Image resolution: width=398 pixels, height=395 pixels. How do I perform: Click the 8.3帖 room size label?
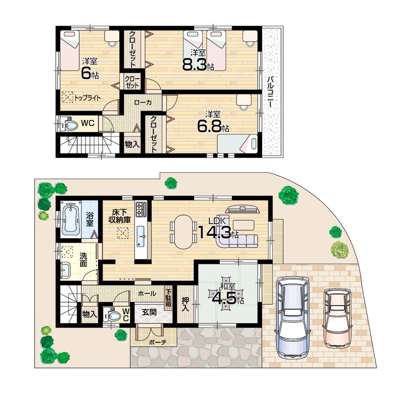point(198,65)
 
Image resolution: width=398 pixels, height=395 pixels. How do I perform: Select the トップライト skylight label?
point(87,97)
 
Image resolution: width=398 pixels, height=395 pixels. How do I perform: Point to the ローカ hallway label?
point(142,102)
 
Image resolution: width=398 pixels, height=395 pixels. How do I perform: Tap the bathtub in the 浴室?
point(72,220)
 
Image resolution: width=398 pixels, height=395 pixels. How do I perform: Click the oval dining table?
point(183,231)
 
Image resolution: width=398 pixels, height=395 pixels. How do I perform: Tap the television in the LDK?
point(242,209)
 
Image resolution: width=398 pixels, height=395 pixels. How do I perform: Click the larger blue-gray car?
point(293,317)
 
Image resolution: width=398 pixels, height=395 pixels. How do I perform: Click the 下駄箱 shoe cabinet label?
point(169,296)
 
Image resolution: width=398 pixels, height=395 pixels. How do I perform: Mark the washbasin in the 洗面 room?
point(64,271)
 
